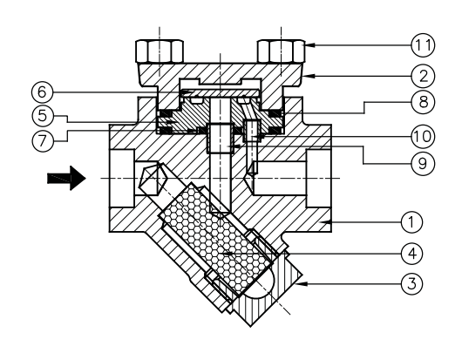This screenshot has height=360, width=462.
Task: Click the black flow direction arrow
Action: (67, 179)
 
